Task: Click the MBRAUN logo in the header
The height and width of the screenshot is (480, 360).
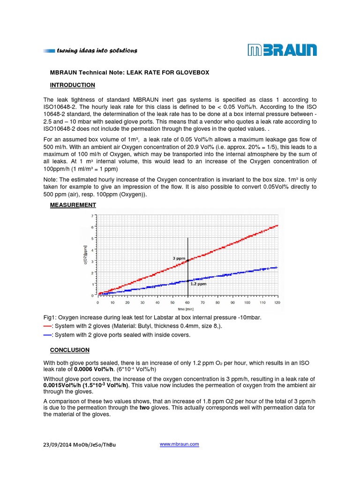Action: point(282,50)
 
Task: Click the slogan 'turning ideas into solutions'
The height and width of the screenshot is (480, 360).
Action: point(97,51)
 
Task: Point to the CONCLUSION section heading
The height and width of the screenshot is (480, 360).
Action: point(69,350)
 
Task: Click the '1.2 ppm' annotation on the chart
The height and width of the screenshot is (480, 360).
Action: point(198,284)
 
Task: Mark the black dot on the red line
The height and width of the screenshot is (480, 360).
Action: point(188,261)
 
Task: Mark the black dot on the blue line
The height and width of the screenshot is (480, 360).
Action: point(188,280)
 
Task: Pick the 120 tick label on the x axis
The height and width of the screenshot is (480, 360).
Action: point(277,302)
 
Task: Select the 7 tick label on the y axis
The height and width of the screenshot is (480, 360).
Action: point(92,215)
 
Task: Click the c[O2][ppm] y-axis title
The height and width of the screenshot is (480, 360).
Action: point(86,255)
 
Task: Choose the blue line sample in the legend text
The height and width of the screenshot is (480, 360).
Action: point(47,335)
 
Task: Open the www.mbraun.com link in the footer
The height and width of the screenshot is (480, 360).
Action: point(180,444)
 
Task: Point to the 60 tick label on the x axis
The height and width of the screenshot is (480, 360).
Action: point(187,302)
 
